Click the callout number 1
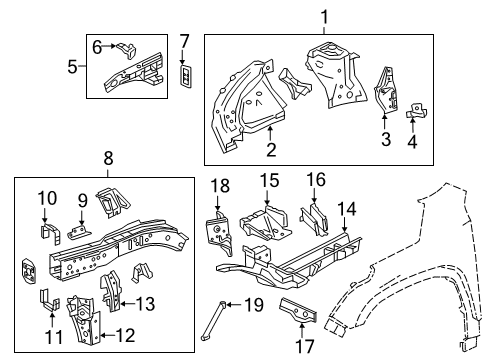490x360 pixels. point(324,16)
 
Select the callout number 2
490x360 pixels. point(269,150)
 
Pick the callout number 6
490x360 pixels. point(97,45)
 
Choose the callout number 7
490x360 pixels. point(183,41)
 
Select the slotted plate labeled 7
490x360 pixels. point(183,77)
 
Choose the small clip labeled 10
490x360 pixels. point(45,232)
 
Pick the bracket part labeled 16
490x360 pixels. point(313,219)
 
